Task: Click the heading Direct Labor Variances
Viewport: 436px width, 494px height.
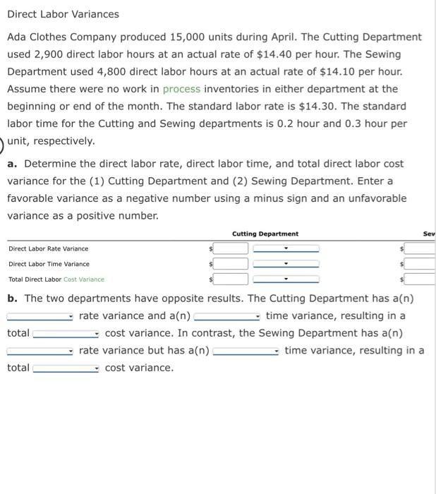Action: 63,14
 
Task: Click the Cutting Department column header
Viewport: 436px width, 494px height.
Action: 265,234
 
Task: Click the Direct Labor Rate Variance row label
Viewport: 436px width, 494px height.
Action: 49,248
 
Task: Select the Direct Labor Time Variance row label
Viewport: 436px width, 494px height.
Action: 49,264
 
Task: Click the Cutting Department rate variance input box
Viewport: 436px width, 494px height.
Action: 232,248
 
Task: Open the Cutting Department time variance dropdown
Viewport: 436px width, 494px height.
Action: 286,264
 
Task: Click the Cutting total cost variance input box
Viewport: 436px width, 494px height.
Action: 232,279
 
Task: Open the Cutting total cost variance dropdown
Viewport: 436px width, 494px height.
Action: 286,279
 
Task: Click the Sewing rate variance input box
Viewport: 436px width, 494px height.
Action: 420,248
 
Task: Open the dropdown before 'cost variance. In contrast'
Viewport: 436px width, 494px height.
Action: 67,333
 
